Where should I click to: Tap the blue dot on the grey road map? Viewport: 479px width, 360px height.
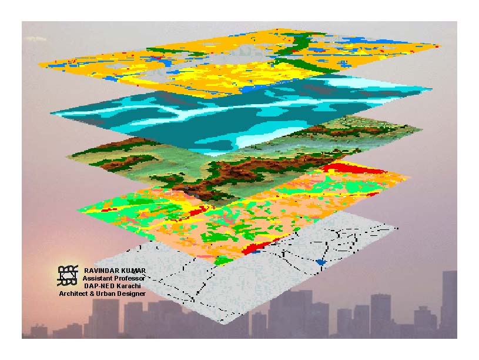point(320,262)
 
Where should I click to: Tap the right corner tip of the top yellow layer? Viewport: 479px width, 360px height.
point(438,46)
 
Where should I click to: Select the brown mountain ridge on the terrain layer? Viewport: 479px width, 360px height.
point(235,174)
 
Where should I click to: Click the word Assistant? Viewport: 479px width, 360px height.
point(96,278)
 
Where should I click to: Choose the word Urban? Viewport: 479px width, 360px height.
point(104,293)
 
